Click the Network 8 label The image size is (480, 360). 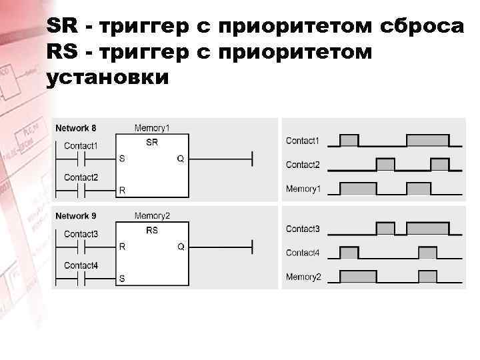coord(75,127)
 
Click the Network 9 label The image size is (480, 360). coord(75,216)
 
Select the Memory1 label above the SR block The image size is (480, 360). coord(152,127)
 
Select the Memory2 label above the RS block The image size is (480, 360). coord(152,216)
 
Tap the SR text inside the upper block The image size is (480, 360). coord(151,142)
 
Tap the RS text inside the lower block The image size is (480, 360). coord(151,231)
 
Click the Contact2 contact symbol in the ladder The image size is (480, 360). coord(81,190)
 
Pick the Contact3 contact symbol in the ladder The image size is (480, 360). coord(81,247)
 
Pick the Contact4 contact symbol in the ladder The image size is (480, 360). coord(81,278)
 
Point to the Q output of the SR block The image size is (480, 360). coord(180,159)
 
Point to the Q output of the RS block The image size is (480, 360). coord(180,247)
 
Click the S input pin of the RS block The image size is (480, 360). coord(122,278)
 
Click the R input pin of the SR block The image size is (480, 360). coord(122,190)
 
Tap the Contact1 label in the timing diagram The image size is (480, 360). coord(303,141)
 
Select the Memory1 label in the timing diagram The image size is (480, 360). coord(303,189)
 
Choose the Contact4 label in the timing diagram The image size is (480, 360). coord(303,253)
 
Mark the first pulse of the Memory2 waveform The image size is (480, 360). coord(358,276)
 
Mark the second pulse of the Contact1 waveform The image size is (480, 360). coord(427,141)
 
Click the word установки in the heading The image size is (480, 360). coord(109,77)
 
